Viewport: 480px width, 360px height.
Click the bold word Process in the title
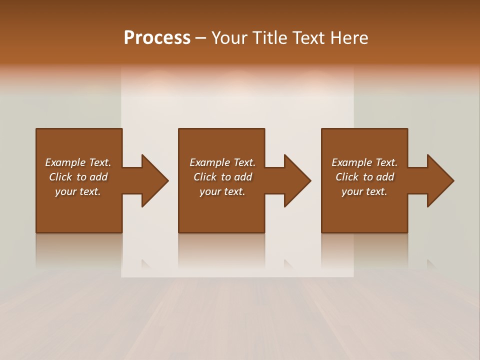(x=157, y=38)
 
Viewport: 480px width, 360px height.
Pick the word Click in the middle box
(x=204, y=177)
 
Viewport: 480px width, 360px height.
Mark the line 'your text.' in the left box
(x=78, y=191)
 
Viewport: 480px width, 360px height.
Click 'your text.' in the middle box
(x=222, y=191)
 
